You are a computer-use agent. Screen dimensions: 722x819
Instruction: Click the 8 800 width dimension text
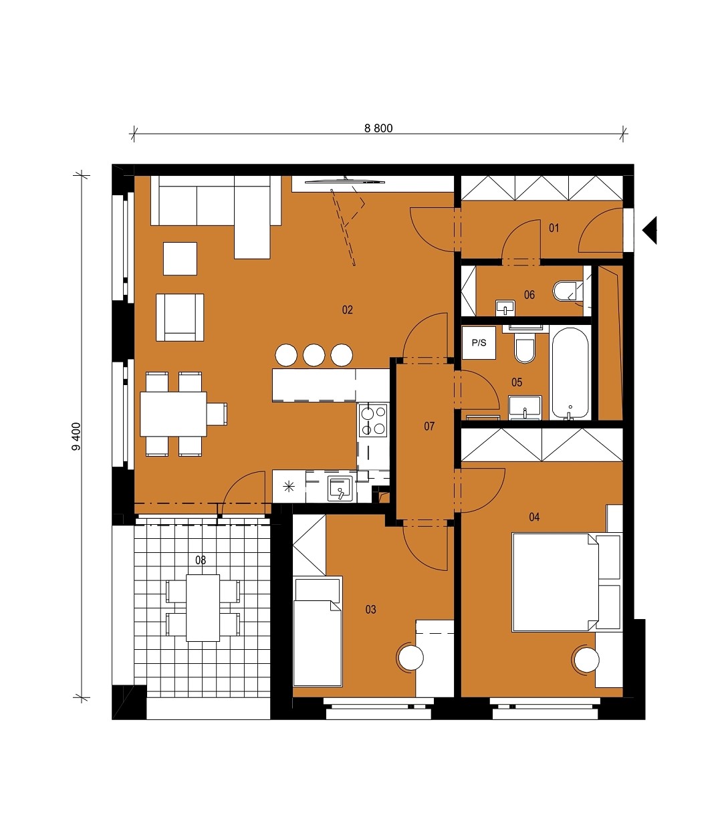[x=378, y=128]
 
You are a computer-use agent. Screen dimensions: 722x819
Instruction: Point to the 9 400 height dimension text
[x=76, y=437]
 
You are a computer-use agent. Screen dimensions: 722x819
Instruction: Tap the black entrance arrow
[x=650, y=230]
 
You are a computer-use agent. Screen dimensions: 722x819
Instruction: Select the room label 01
[x=554, y=228]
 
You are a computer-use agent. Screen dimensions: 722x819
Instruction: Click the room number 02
[x=347, y=310]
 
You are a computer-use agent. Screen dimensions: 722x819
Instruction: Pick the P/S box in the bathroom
[x=479, y=343]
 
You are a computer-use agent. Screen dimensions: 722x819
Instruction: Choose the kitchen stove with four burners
[x=373, y=420]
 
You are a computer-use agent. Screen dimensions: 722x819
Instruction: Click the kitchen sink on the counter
[x=340, y=488]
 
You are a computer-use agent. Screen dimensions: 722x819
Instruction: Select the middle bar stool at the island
[x=314, y=355]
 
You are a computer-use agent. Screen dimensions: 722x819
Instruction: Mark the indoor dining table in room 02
[x=173, y=414]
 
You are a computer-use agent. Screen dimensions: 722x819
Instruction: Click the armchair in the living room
[x=180, y=318]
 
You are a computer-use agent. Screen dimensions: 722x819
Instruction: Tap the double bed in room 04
[x=566, y=582]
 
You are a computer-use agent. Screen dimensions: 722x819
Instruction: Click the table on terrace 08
[x=203, y=608]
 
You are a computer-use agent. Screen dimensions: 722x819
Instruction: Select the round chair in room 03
[x=410, y=658]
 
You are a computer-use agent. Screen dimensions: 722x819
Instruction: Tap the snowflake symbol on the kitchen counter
[x=289, y=487]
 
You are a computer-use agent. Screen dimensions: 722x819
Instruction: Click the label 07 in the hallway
[x=429, y=426]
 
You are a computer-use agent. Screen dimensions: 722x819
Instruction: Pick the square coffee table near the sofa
[x=180, y=259]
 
